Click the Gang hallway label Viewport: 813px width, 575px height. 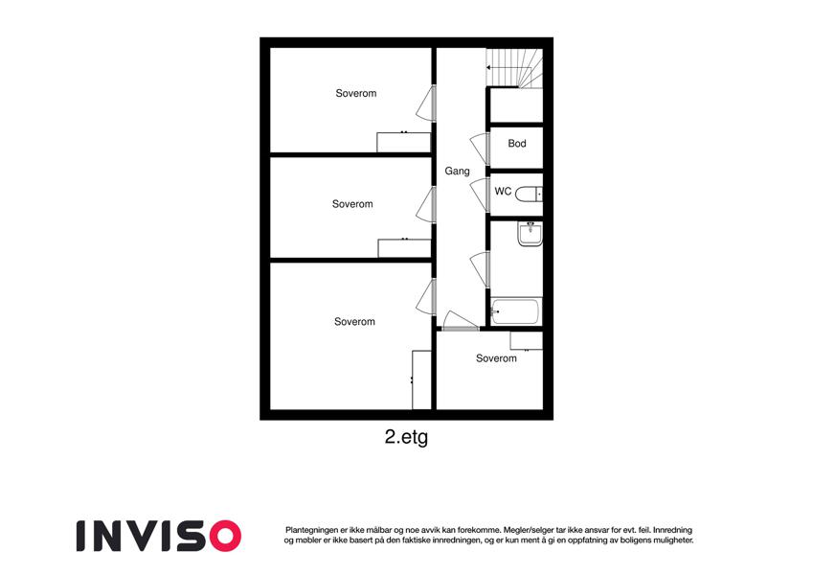[x=458, y=172]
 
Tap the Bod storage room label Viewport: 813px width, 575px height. [x=517, y=143]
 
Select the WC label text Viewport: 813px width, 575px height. [x=503, y=191]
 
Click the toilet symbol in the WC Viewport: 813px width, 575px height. [x=529, y=194]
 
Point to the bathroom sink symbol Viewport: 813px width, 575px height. [x=530, y=234]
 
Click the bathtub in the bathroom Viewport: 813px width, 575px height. [x=516, y=311]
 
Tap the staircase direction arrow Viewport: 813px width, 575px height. [x=501, y=67]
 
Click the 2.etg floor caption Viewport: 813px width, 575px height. [x=406, y=437]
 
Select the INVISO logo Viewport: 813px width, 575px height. [x=159, y=536]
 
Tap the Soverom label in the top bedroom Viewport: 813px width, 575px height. [x=355, y=93]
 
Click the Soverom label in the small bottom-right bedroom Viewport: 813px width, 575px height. [x=496, y=358]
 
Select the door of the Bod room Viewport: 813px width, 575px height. [x=480, y=149]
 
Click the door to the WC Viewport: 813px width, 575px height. [x=480, y=195]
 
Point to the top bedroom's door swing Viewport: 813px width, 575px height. [x=426, y=103]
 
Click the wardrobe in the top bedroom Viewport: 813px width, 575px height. [x=403, y=142]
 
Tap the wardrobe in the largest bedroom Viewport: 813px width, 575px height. [x=421, y=379]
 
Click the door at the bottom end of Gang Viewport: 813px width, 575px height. [x=461, y=320]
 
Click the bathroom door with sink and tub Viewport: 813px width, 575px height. [x=480, y=269]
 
